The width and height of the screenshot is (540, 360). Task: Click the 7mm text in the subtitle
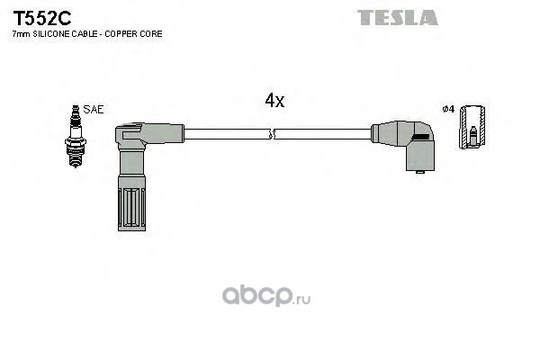point(20,33)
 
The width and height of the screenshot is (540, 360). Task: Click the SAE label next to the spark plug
point(94,109)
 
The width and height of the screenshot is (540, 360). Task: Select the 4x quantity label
point(274,102)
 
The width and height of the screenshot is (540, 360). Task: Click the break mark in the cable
point(273,135)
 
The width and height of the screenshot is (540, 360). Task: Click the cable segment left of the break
point(225,135)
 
